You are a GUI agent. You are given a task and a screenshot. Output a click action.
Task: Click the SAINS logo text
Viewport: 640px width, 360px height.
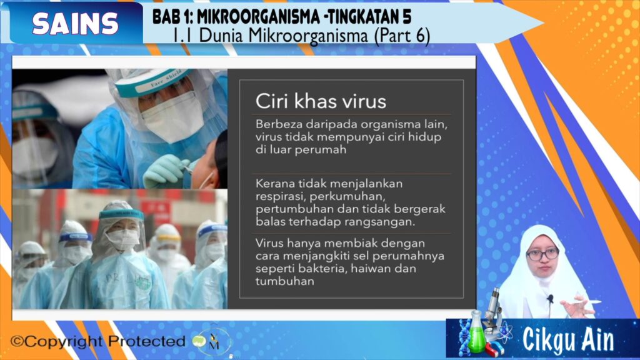coord(76,23)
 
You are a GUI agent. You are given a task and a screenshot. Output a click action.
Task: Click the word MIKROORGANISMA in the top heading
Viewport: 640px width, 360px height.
coord(259,17)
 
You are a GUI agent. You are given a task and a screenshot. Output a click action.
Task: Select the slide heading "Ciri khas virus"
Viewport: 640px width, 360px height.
coord(321,101)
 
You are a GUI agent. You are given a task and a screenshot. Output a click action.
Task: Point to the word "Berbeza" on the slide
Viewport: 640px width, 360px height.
coord(279,124)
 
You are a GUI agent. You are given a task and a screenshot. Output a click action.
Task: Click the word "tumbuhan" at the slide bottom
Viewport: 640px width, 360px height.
coord(285,281)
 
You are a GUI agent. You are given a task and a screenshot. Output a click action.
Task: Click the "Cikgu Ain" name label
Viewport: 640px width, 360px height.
coord(568,339)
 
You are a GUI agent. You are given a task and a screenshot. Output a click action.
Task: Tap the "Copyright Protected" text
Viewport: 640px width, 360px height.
coord(98,341)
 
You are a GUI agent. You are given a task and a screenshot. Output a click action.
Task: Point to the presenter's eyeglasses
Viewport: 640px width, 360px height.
coord(542,255)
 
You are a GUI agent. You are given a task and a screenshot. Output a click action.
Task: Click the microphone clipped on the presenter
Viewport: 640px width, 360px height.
coord(550,299)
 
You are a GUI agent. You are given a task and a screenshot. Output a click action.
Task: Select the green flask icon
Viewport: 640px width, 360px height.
coord(476,332)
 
